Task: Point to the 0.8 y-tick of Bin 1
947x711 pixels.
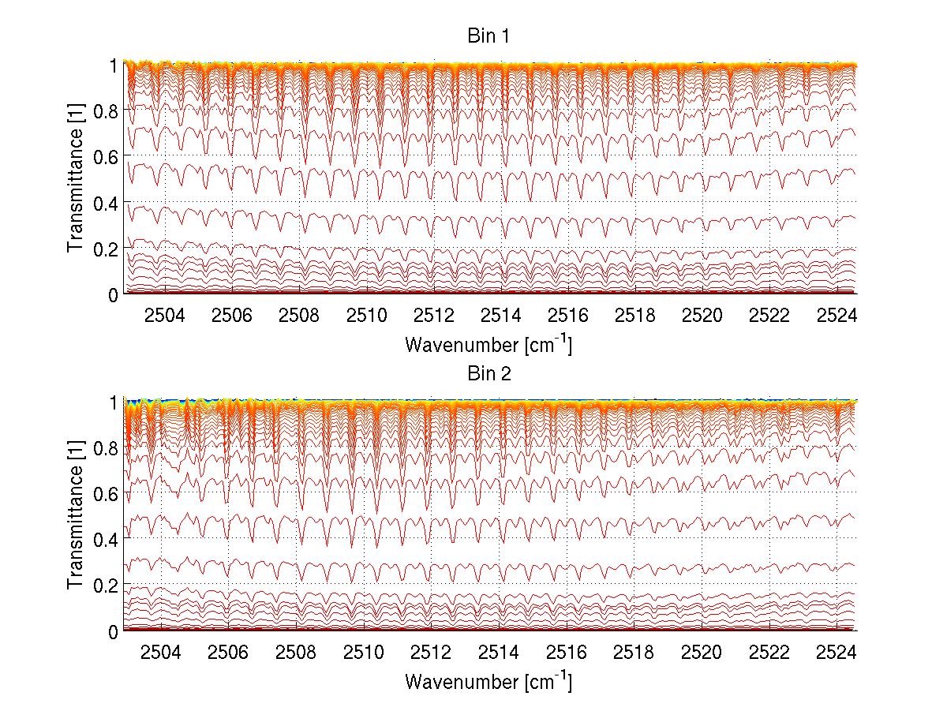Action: coord(107,111)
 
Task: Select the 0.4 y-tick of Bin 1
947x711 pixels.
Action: coord(107,203)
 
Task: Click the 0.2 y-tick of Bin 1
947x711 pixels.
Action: coord(107,249)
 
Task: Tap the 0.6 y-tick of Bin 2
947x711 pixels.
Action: coord(107,494)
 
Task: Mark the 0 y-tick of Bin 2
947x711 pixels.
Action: coord(114,631)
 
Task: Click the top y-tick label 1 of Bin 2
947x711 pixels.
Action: coord(114,402)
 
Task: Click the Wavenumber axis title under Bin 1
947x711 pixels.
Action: coord(488,344)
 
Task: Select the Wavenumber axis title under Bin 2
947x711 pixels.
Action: coord(488,681)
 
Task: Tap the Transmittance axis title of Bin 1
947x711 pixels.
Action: coord(75,179)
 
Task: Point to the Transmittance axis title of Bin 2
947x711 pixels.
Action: coord(75,516)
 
